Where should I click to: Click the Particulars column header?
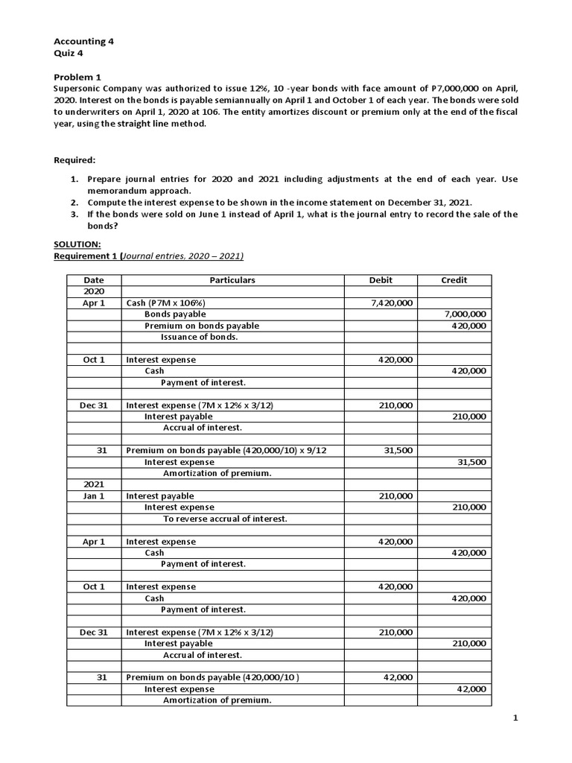click(x=232, y=280)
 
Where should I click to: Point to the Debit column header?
click(x=381, y=280)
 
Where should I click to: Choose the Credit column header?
click(x=454, y=280)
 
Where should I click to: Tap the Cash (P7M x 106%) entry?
click(x=166, y=303)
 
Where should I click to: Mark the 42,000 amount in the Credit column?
click(x=471, y=689)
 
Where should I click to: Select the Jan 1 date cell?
click(x=94, y=496)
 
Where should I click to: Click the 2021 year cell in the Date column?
click(x=94, y=484)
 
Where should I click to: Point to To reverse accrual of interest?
click(x=225, y=519)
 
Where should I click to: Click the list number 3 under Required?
click(x=74, y=214)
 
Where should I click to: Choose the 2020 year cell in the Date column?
click(x=94, y=291)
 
